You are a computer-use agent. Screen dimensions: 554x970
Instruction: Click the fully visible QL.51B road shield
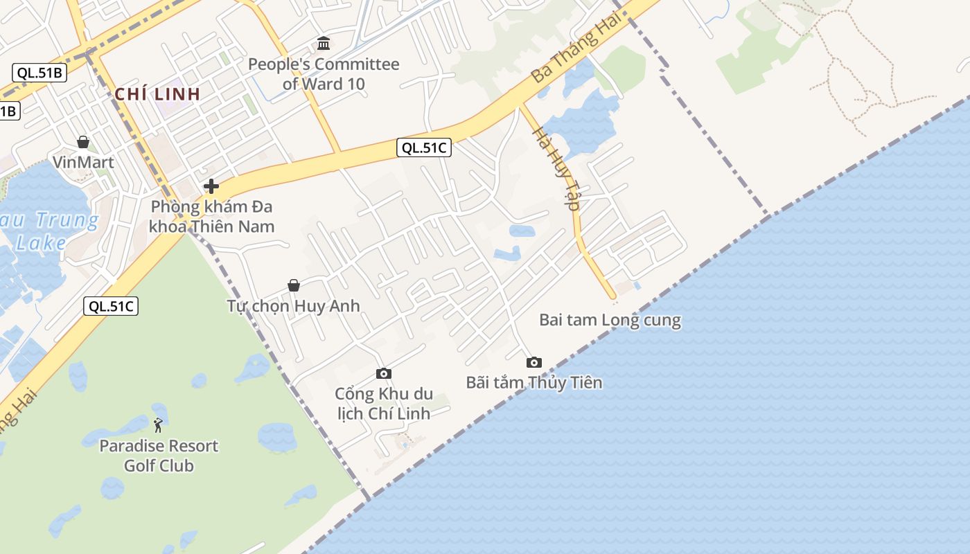[x=39, y=73]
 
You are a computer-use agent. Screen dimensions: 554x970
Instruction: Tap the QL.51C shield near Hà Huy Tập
[x=424, y=147]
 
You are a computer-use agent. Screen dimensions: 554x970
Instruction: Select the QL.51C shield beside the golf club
[x=111, y=306]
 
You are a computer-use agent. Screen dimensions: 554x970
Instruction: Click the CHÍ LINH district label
[x=157, y=94]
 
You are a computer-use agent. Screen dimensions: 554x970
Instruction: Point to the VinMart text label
[x=83, y=162]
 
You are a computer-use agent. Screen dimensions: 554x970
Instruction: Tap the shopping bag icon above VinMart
[x=83, y=142]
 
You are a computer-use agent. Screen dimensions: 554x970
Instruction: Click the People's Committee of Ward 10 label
[x=324, y=74]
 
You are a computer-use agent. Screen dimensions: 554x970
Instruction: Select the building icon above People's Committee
[x=324, y=44]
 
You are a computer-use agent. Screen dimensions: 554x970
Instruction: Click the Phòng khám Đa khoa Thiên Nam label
[x=211, y=216]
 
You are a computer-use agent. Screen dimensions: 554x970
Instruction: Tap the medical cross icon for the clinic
[x=211, y=186]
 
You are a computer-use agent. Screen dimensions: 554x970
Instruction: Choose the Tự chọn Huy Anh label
[x=293, y=305]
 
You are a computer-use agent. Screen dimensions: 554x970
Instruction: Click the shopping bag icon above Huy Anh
[x=294, y=285]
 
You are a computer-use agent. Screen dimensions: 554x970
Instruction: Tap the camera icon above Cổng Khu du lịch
[x=383, y=374]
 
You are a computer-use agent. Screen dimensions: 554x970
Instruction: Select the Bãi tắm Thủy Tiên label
[x=533, y=382]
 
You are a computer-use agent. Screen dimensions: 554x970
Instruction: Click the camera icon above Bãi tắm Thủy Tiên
[x=533, y=362]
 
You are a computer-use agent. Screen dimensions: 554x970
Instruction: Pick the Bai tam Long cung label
[x=610, y=320]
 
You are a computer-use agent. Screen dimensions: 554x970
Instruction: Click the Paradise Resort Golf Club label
[x=159, y=456]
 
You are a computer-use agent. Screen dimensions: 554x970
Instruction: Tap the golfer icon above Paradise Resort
[x=159, y=425]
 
